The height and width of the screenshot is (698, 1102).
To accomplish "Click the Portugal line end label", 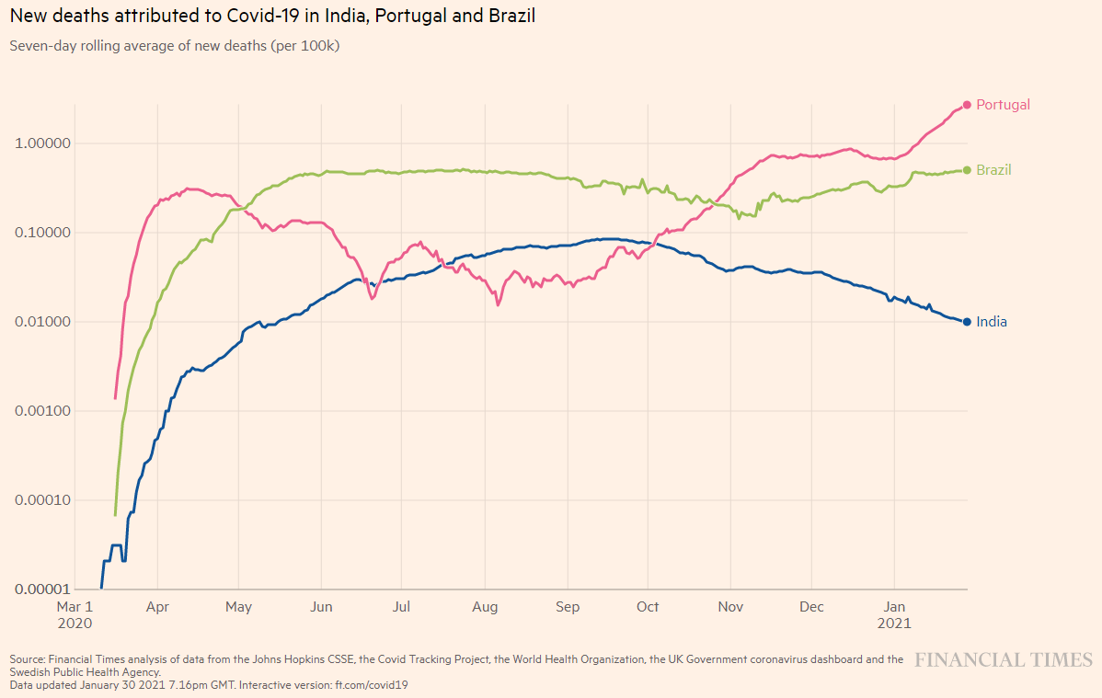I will click(x=1003, y=105).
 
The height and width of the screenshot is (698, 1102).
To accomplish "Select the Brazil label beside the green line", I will click(x=993, y=170).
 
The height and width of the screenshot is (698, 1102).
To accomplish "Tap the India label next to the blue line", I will click(x=992, y=322).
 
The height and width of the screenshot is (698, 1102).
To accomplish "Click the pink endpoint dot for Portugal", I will click(x=967, y=105).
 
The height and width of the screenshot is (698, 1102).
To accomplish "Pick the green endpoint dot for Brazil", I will click(x=967, y=170).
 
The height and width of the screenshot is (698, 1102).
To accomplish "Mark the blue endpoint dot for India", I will click(x=967, y=322).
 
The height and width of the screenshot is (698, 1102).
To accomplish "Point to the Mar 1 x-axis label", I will click(x=75, y=607).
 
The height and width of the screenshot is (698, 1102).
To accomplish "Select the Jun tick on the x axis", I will click(x=321, y=607).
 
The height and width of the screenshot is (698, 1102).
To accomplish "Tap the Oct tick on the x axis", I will click(x=649, y=607).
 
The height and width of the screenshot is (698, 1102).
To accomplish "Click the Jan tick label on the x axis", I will click(x=894, y=607).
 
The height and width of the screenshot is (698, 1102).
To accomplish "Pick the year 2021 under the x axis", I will click(x=894, y=623).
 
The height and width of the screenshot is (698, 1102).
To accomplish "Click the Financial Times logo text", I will click(x=1004, y=659).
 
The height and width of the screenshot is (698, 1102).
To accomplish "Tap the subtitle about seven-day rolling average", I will click(x=175, y=45).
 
